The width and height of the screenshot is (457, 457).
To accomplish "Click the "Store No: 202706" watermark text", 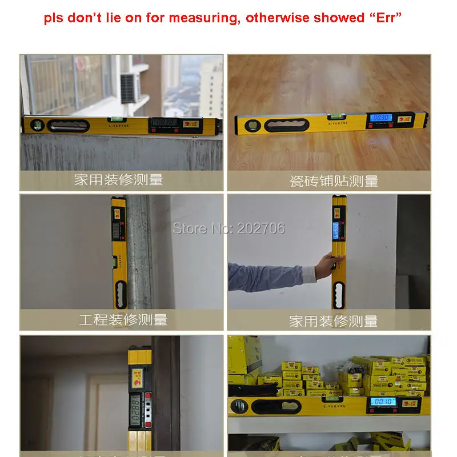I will [x=228, y=228].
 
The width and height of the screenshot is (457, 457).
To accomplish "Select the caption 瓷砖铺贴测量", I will [x=334, y=182].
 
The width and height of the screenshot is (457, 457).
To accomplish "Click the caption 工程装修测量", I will [x=123, y=319].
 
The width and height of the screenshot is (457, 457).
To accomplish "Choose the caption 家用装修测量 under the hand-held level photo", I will [x=334, y=321].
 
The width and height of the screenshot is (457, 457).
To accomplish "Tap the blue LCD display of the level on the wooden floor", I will [x=382, y=118].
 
